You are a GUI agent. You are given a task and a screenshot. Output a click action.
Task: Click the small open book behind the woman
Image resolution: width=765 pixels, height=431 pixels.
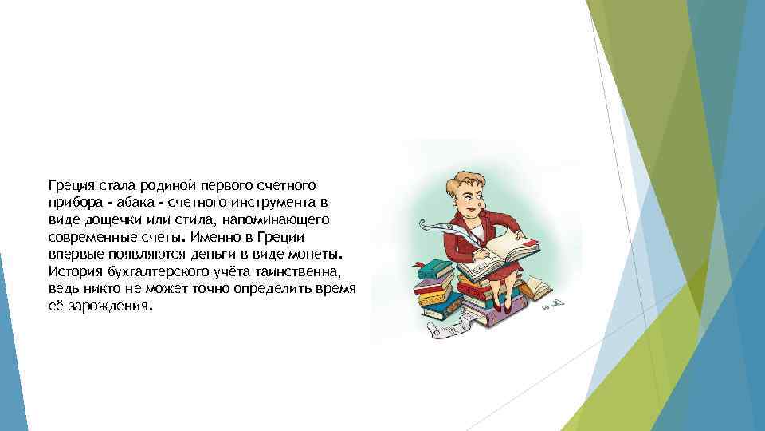click(x=538, y=285)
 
